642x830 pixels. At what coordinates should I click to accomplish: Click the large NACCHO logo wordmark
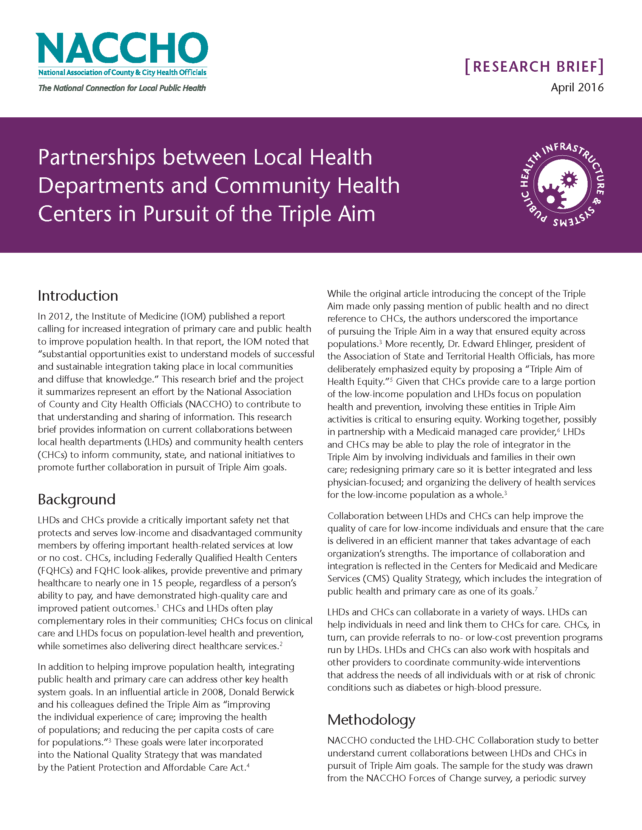tap(122, 48)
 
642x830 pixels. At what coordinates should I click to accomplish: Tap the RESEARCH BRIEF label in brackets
tap(534, 67)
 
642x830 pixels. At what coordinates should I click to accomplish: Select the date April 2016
tap(577, 88)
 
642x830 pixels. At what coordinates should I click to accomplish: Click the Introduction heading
tap(78, 296)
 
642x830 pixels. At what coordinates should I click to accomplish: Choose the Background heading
tap(76, 500)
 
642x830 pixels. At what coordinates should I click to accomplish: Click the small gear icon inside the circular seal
tap(569, 179)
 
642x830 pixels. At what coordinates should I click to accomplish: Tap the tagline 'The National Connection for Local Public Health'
tap(122, 88)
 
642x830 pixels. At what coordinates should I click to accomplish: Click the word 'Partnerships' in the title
tap(97, 158)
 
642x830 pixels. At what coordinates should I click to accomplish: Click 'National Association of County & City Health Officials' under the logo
tap(122, 72)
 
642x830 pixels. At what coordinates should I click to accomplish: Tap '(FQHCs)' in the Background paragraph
tap(54, 570)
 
